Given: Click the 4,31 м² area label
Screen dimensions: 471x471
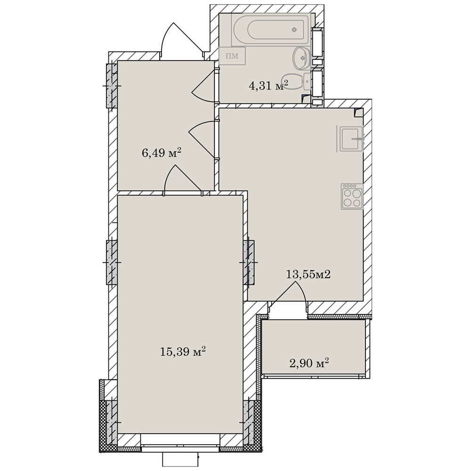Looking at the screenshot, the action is click(x=268, y=86).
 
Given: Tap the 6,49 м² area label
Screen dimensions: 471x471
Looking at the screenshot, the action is click(x=161, y=153).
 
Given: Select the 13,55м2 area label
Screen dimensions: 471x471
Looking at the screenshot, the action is click(x=308, y=274).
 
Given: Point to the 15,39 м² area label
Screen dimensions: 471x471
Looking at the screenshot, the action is click(x=183, y=351).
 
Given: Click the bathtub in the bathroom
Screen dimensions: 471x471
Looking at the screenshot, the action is click(x=270, y=29).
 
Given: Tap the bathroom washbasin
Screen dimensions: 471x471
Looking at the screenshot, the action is click(x=301, y=57).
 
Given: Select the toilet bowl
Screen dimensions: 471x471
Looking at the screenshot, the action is click(x=296, y=81).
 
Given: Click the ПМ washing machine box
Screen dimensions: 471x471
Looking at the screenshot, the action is click(x=232, y=56).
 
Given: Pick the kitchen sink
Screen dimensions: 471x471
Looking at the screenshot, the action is click(x=351, y=139).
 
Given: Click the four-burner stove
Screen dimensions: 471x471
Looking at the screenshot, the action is click(x=352, y=196).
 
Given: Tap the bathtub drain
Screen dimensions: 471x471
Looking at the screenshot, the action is click(x=294, y=29).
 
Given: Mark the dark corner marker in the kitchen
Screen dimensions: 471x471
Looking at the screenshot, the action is click(x=358, y=113).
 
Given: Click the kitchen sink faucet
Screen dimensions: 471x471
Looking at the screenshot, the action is click(x=358, y=139).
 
